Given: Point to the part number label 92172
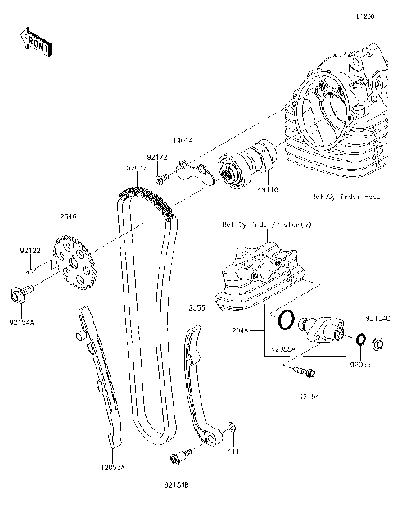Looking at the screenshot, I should pos(157,156).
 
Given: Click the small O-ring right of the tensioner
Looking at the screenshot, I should pos(360,339).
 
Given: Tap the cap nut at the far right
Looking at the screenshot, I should pos(380,342).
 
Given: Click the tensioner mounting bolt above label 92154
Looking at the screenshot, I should pos(304,374).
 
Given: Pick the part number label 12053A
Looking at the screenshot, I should pos(112,466).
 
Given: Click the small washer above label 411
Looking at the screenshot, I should pos(233,428).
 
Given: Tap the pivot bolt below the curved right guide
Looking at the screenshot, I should pos(180,455).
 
